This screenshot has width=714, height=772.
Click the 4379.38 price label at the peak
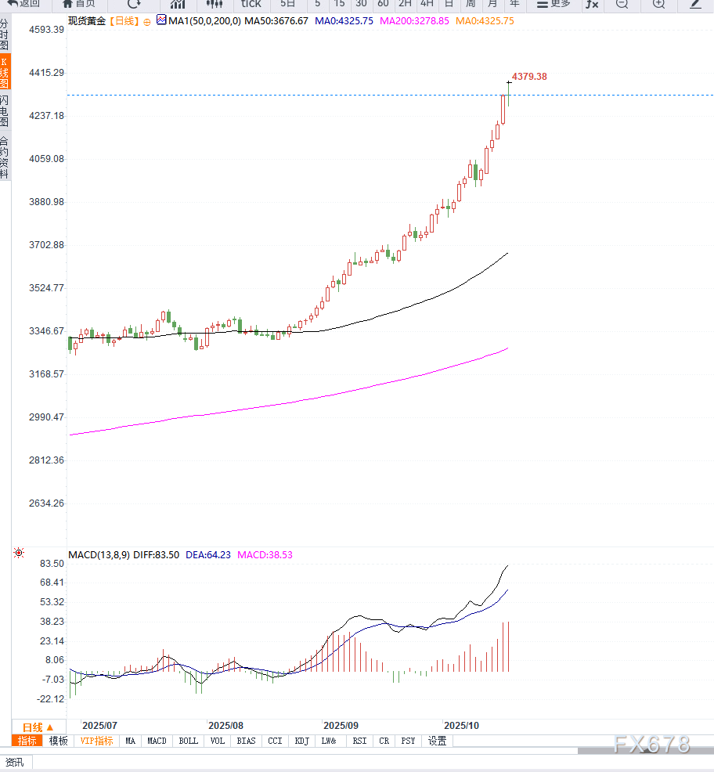[528, 77]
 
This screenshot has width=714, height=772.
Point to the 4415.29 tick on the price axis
[46, 73]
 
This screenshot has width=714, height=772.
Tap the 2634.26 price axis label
[46, 503]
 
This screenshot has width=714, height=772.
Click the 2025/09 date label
[341, 726]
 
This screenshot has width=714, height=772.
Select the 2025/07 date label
[99, 726]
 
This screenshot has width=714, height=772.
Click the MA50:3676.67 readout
[276, 21]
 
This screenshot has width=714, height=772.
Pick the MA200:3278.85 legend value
[414, 21]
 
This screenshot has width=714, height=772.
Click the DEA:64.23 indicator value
[208, 555]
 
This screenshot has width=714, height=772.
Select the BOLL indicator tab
[188, 741]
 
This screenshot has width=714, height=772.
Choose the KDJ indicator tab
[301, 741]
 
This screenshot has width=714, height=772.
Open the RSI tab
[359, 741]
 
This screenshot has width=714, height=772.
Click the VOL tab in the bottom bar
[217, 741]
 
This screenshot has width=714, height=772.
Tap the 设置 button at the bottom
[437, 741]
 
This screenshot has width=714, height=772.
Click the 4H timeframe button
[427, 4]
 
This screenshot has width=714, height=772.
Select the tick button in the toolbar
[251, 4]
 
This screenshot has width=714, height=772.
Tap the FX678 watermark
[651, 745]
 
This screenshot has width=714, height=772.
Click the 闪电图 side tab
[5, 111]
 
